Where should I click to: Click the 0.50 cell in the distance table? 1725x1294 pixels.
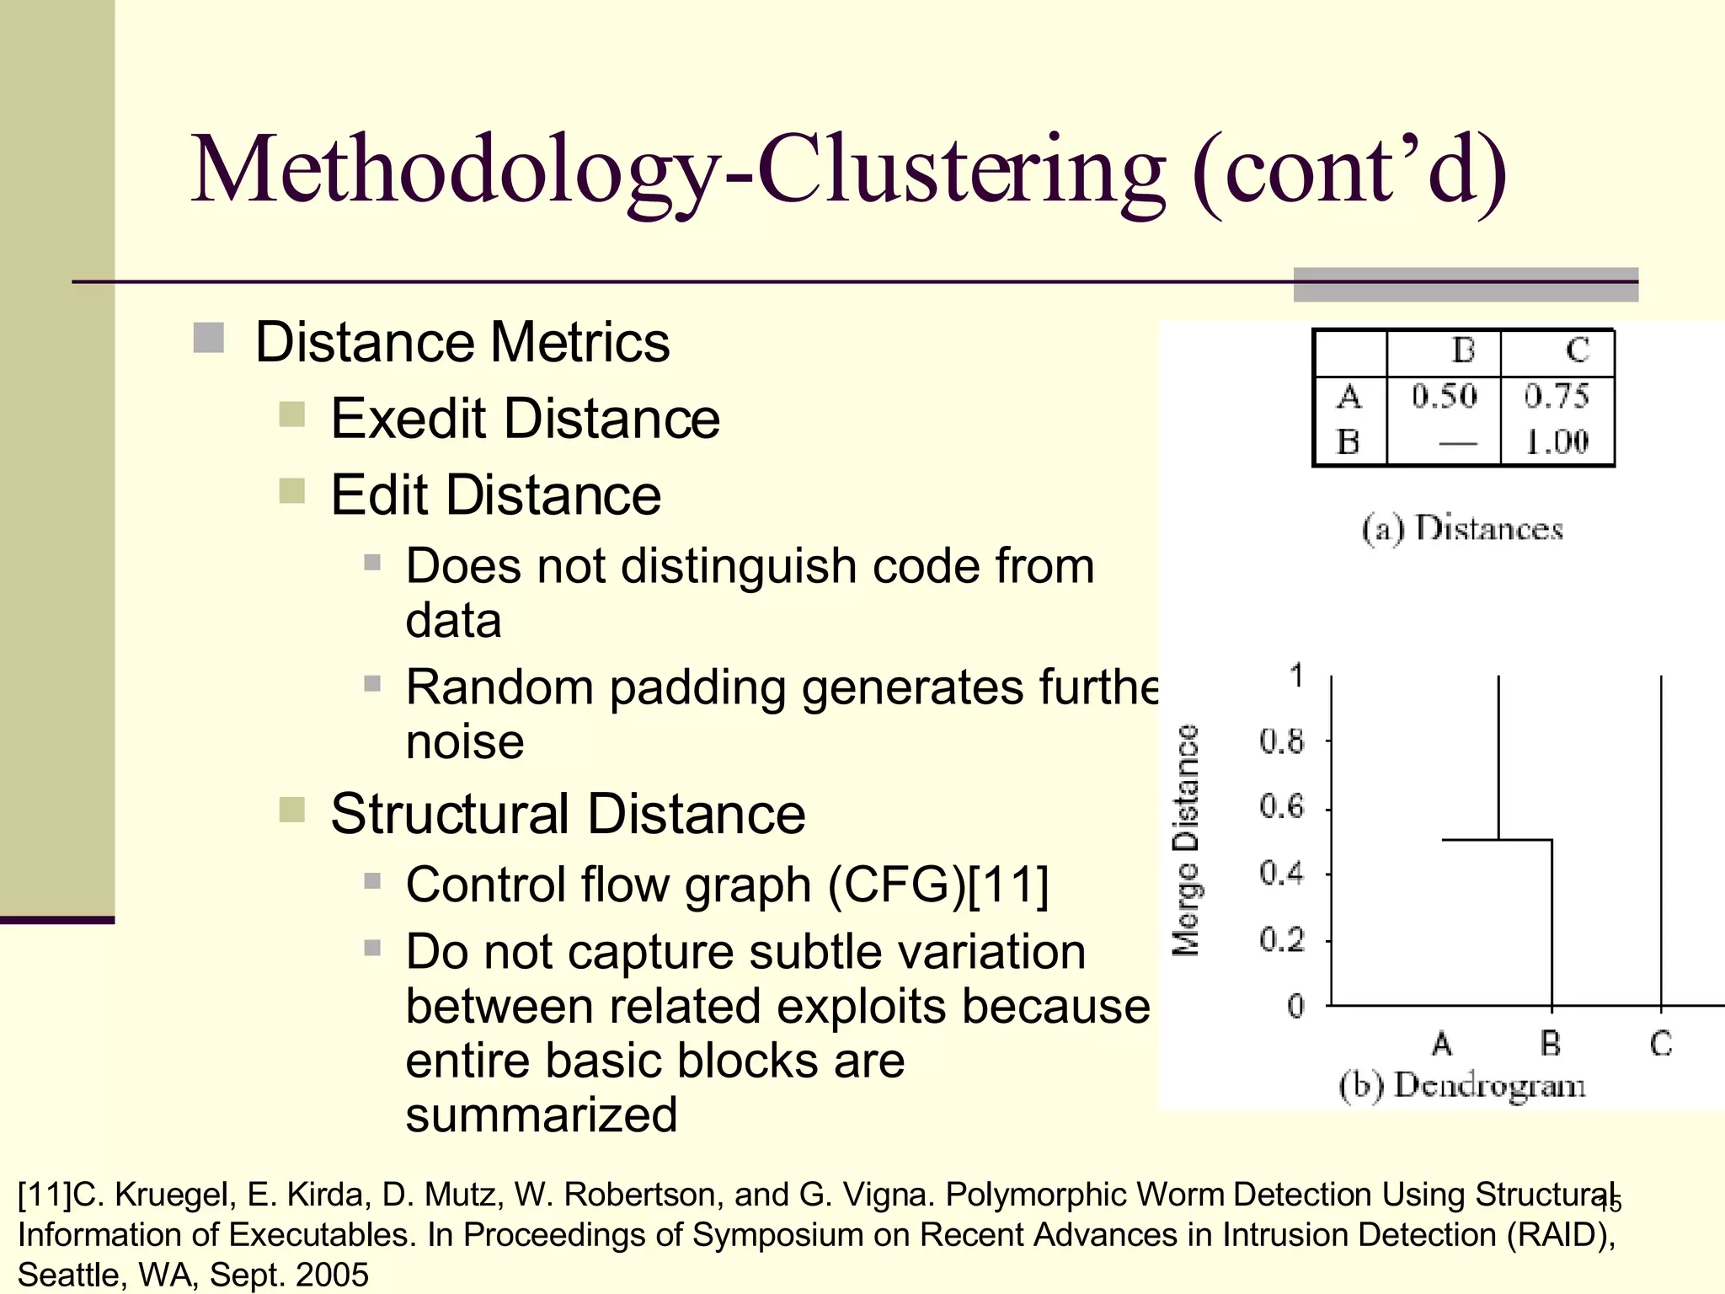tap(1444, 396)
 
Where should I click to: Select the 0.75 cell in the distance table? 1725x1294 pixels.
tap(1556, 396)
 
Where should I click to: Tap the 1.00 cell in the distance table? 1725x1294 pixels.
tap(1557, 441)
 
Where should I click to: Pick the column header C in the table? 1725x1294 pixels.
tap(1577, 350)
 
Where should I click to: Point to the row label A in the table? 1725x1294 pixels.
tap(1348, 396)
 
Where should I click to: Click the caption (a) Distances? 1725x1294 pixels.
tap(1462, 529)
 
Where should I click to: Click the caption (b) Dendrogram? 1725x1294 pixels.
tap(1462, 1085)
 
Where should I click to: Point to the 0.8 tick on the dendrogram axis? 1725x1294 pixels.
tap(1281, 742)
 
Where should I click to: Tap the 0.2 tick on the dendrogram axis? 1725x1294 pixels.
tap(1281, 939)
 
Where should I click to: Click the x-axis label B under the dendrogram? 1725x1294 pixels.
tap(1551, 1044)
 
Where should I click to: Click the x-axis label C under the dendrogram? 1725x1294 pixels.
tap(1660, 1044)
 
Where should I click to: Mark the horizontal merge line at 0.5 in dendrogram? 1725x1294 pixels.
tap(1497, 840)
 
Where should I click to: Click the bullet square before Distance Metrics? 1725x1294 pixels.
tap(208, 339)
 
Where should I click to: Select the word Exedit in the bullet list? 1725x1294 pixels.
tap(409, 419)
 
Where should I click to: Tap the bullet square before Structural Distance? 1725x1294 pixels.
tap(291, 810)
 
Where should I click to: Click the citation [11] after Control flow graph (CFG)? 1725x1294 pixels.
tap(1008, 885)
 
